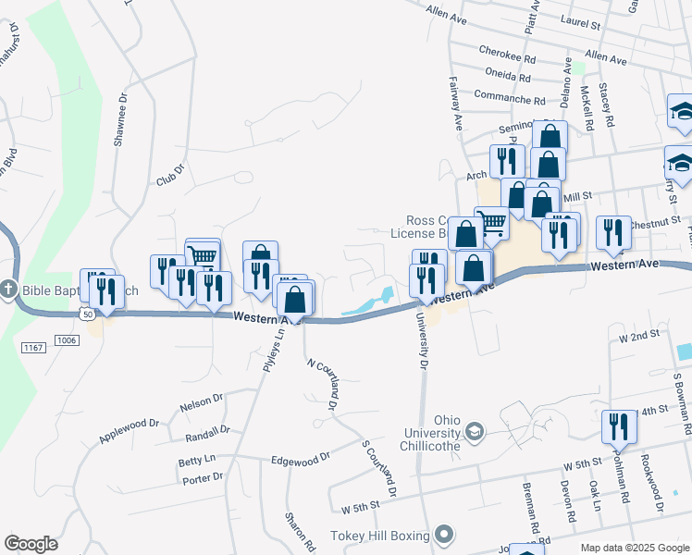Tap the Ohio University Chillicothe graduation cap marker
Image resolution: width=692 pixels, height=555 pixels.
click(x=475, y=432)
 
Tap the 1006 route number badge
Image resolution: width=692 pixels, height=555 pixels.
click(x=66, y=340)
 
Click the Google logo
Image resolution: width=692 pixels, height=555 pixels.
click(x=31, y=544)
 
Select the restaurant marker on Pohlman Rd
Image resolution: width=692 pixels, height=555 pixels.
click(x=618, y=426)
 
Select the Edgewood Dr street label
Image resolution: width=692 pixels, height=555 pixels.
click(x=300, y=458)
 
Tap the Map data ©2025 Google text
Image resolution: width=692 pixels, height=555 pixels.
click(x=633, y=548)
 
